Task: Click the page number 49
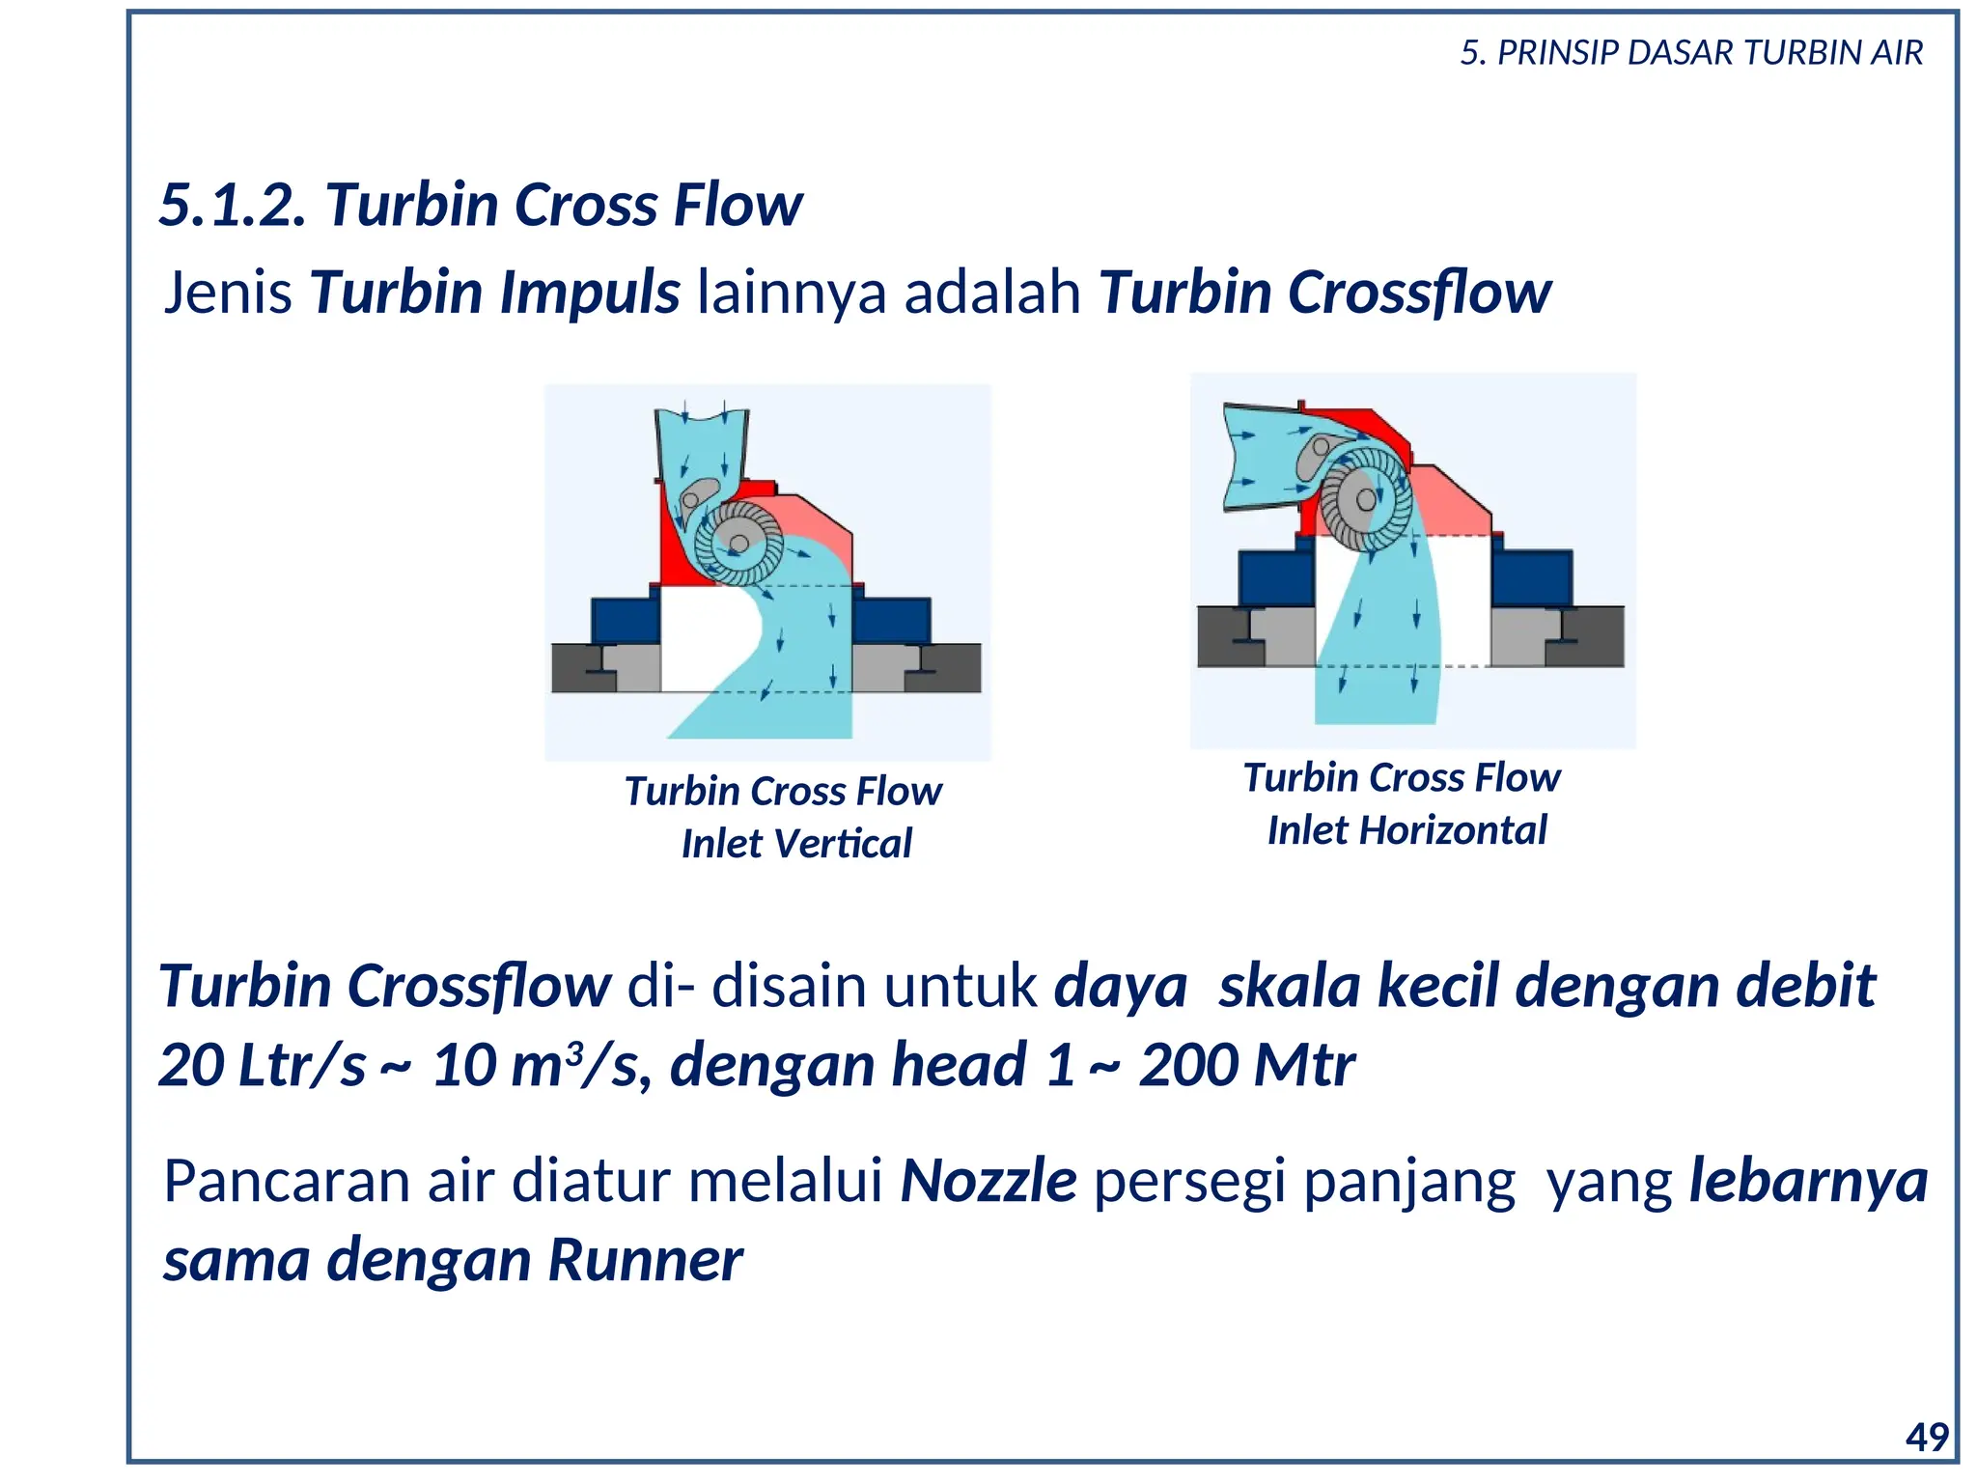(x=1927, y=1438)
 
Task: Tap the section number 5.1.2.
(x=233, y=206)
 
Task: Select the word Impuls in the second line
(x=590, y=293)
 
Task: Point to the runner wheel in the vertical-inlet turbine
(x=738, y=544)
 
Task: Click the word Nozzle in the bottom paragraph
(x=988, y=1182)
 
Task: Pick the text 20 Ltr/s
(x=262, y=1066)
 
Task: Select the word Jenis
(x=228, y=293)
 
